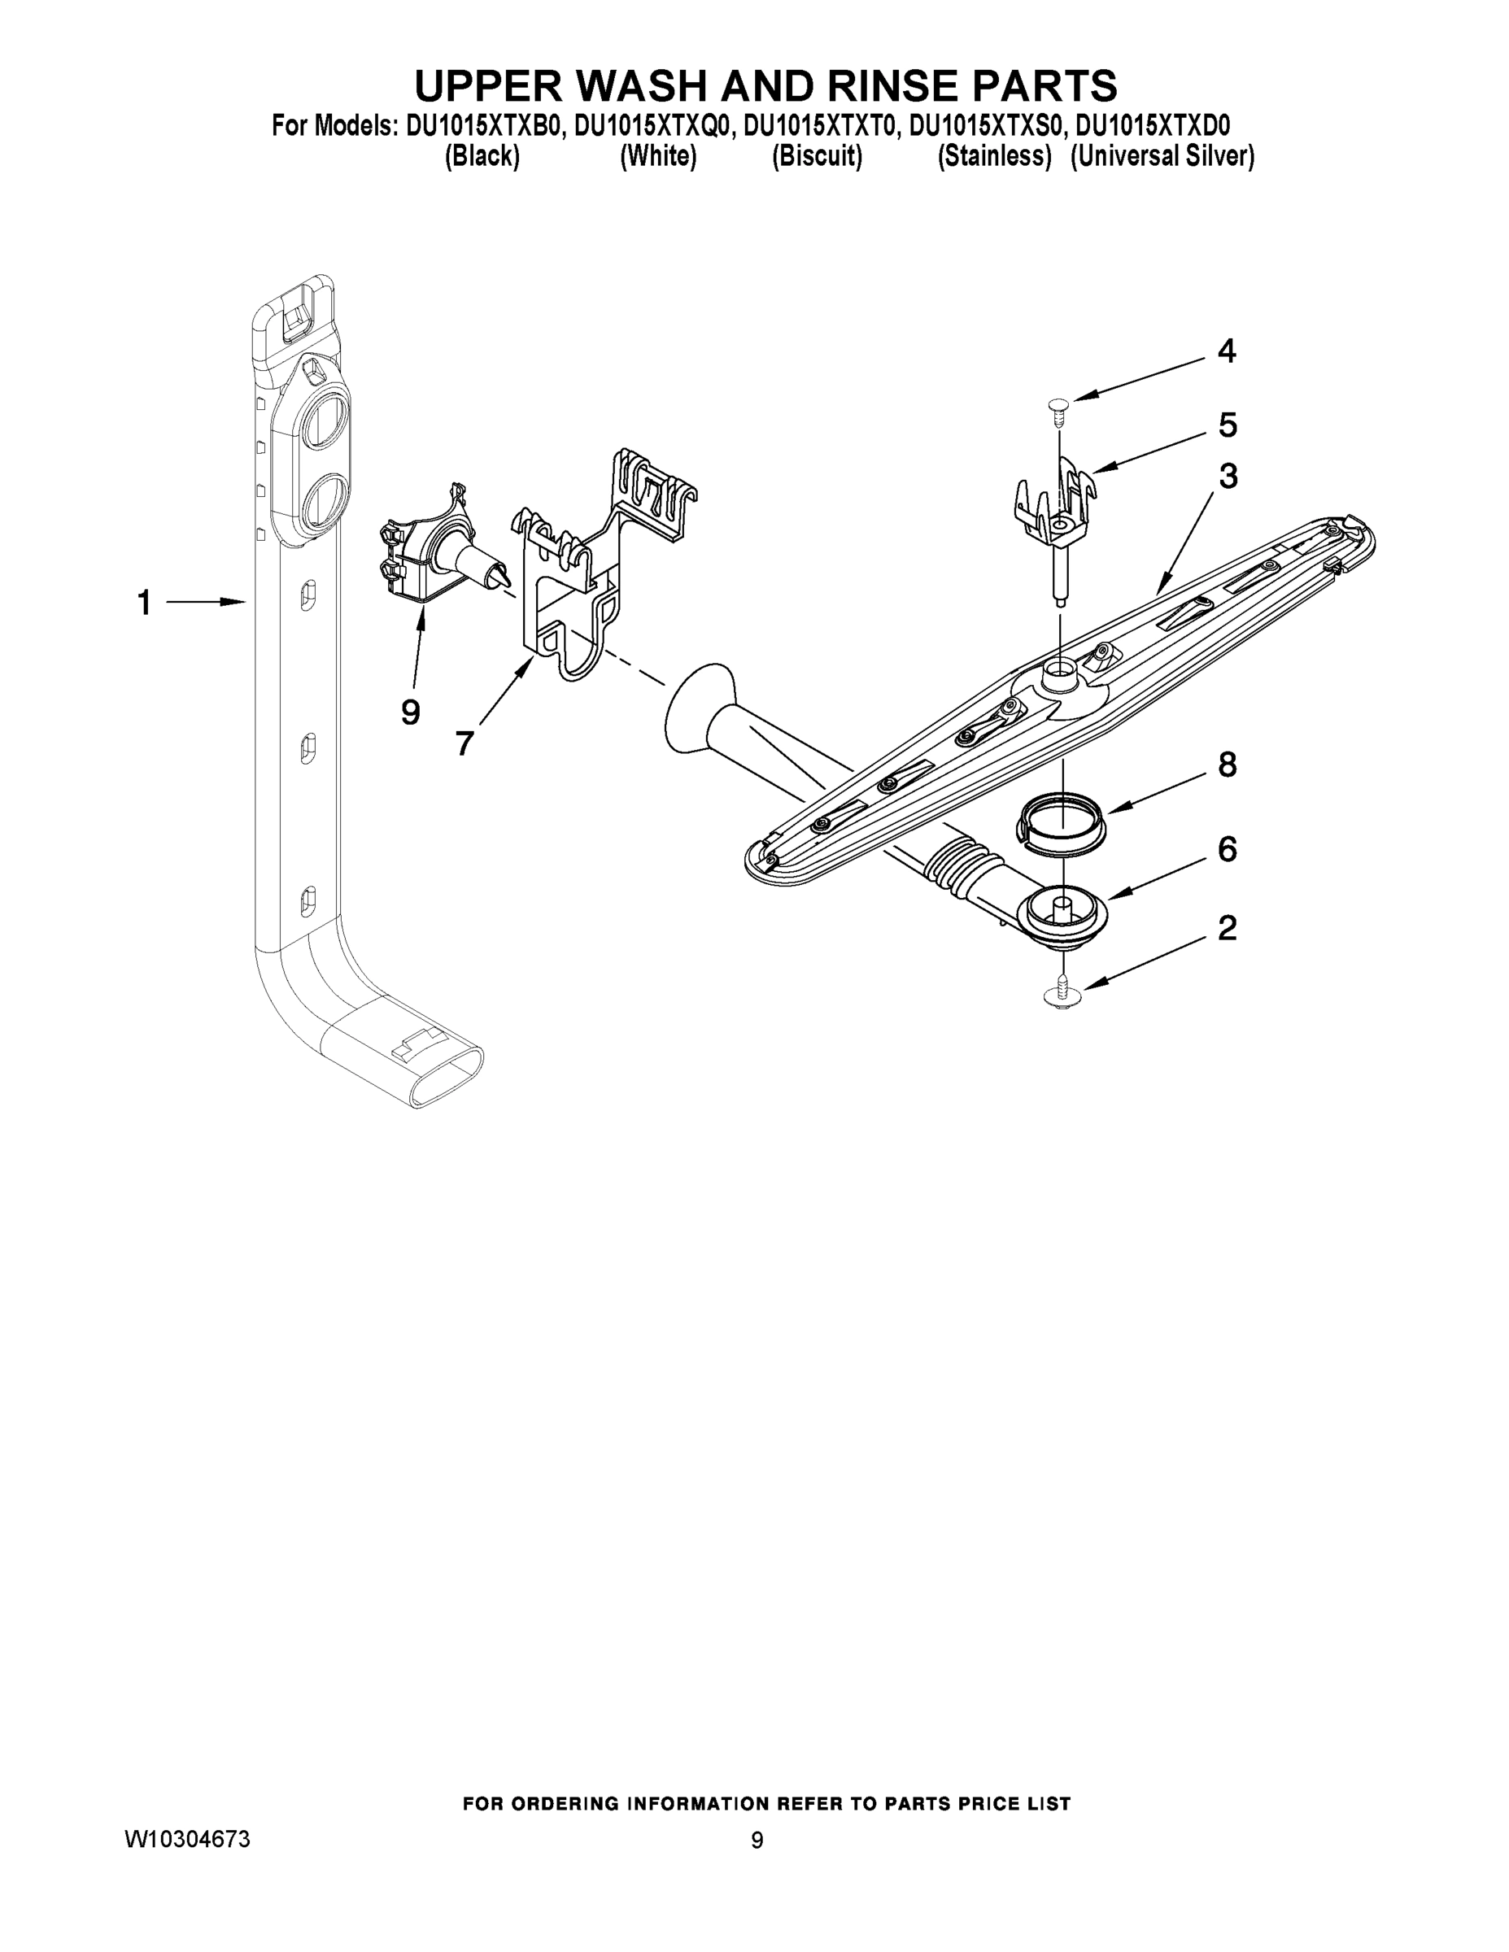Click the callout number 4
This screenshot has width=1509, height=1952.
(x=1227, y=351)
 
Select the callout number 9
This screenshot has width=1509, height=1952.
(x=410, y=712)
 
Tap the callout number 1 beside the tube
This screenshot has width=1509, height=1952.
(x=144, y=603)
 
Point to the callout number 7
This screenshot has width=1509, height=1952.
(x=464, y=743)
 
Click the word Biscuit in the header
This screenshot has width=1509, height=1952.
(x=817, y=156)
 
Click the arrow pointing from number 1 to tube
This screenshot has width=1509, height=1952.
(x=207, y=603)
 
